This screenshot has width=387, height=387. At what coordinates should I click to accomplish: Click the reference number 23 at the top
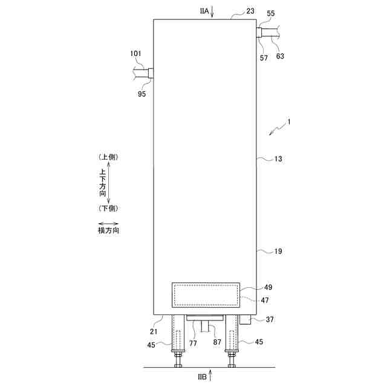click(250, 11)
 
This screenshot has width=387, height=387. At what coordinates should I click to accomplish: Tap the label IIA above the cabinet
click(204, 11)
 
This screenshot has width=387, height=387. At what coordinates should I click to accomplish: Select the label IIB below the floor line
click(202, 377)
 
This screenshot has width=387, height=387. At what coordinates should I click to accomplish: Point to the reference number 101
click(135, 54)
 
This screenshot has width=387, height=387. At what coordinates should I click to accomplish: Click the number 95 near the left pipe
click(142, 94)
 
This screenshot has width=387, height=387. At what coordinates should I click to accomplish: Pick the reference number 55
click(271, 13)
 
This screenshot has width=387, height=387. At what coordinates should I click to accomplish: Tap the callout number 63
click(280, 56)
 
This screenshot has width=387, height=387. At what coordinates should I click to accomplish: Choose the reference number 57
click(264, 58)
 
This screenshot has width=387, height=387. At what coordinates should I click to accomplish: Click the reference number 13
click(278, 158)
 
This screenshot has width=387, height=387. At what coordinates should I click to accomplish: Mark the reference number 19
click(278, 252)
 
